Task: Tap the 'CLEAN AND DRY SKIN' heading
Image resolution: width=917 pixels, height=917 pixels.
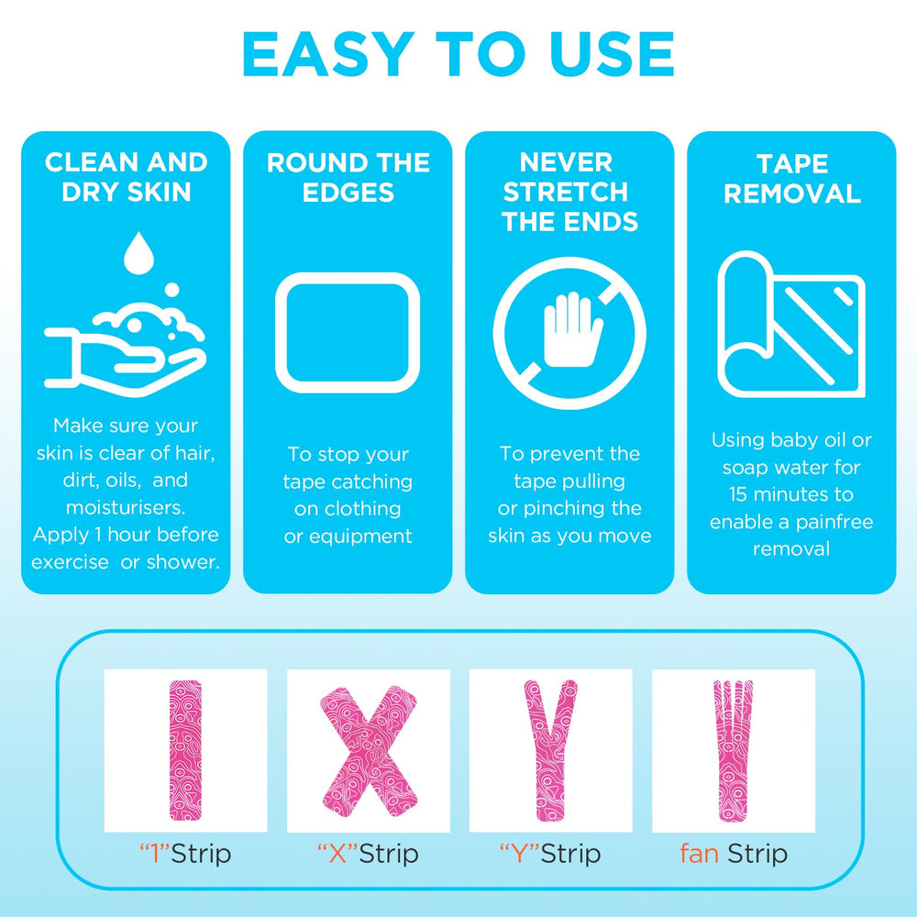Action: (126, 177)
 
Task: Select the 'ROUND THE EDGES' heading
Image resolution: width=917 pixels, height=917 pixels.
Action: (348, 177)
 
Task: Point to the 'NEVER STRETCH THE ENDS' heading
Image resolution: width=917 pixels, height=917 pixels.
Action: (569, 193)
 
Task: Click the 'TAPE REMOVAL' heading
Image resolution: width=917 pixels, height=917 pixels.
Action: (792, 179)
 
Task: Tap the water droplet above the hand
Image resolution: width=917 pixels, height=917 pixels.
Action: (138, 253)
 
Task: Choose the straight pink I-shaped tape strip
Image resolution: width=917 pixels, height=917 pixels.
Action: (185, 750)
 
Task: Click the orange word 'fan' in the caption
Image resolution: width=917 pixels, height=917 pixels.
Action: (699, 853)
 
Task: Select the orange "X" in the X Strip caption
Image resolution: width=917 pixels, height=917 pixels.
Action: (337, 854)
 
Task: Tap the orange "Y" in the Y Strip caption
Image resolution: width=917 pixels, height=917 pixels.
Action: (519, 854)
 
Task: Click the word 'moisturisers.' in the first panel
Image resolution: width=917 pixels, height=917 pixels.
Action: (125, 507)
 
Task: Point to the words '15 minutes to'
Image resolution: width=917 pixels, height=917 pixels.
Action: (791, 494)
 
